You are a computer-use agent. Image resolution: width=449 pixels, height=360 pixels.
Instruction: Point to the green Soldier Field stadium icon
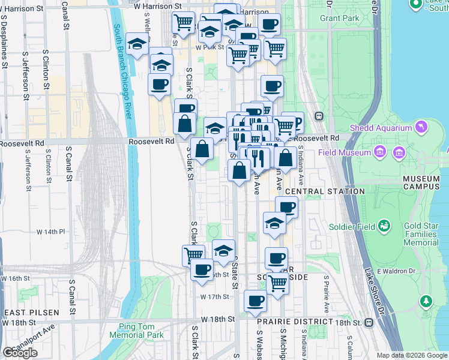pyautogui.click(x=384, y=226)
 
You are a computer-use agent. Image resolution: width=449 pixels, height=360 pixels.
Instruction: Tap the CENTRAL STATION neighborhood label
pyautogui.click(x=325, y=191)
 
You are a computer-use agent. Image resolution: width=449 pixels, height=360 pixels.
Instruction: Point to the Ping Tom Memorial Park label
pyautogui.click(x=137, y=331)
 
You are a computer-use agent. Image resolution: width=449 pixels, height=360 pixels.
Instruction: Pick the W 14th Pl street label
pyautogui.click(x=50, y=232)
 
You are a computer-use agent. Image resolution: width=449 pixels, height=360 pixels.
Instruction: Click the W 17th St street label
pyautogui.click(x=215, y=297)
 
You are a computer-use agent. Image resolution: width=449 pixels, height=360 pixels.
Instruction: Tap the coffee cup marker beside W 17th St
pyautogui.click(x=255, y=301)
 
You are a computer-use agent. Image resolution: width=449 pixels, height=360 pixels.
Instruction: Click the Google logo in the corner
pyautogui.click(x=20, y=353)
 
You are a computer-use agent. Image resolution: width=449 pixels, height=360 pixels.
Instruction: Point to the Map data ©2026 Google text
pyautogui.click(x=411, y=355)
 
